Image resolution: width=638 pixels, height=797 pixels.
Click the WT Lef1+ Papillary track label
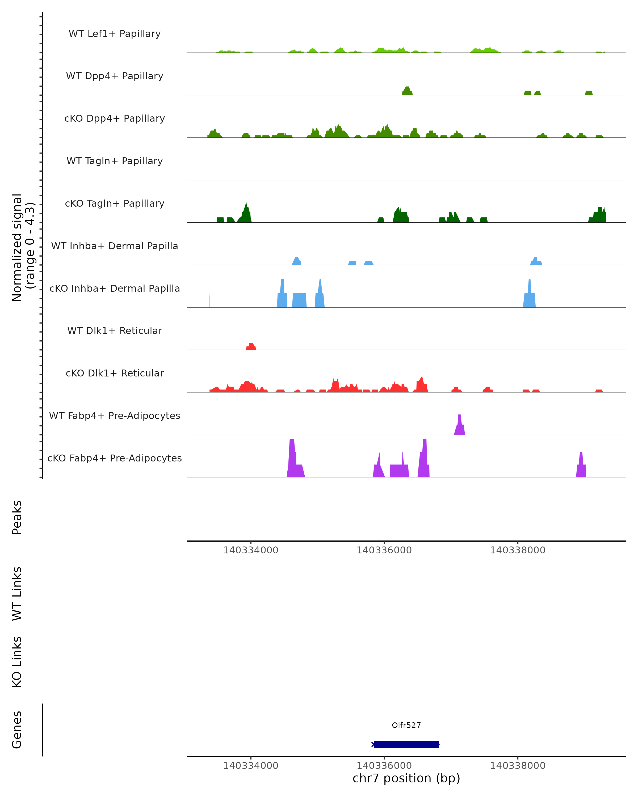[x=115, y=34]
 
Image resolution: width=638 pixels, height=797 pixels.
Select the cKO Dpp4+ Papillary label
[x=115, y=119]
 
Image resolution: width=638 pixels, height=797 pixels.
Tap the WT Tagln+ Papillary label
[x=115, y=161]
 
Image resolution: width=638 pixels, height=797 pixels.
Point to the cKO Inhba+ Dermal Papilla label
[x=115, y=289]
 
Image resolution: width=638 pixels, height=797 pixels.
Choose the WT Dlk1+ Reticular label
[x=115, y=331]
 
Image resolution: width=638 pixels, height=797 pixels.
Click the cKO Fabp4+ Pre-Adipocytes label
[x=115, y=458]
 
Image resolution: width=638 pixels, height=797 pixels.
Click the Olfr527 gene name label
[x=406, y=725]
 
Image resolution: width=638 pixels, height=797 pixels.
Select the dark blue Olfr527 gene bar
[x=406, y=744]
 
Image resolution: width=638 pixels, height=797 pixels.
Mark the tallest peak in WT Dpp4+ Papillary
[x=407, y=91]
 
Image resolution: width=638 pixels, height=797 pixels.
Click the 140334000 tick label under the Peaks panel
[x=250, y=550]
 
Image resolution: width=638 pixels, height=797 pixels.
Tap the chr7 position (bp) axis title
[x=406, y=778]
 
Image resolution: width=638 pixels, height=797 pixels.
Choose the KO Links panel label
[x=17, y=662]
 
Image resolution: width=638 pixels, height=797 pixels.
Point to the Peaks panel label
[x=17, y=518]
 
